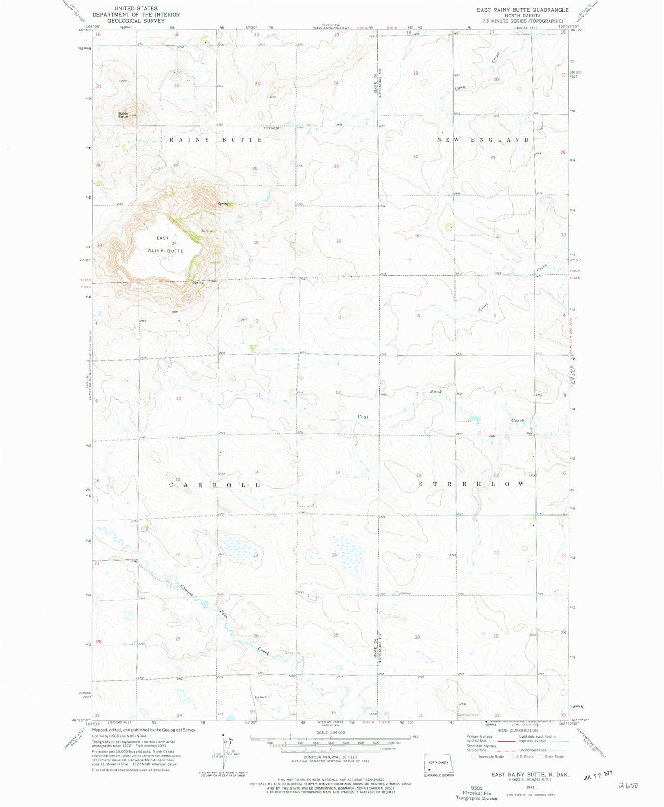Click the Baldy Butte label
[x=123, y=115]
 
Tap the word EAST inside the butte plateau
[x=163, y=238]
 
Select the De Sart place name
[x=261, y=697]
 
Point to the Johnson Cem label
[x=469, y=715]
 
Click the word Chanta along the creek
[x=187, y=590]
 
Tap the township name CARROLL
[x=215, y=485]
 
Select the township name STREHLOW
[x=471, y=484]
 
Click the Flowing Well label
[x=272, y=128]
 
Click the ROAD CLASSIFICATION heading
[x=517, y=730]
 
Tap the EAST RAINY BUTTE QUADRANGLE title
[x=522, y=10]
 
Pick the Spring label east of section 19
[x=405, y=593]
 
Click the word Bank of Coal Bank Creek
[x=436, y=392]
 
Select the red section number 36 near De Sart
[x=334, y=713]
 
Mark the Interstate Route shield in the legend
[x=475, y=756]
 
